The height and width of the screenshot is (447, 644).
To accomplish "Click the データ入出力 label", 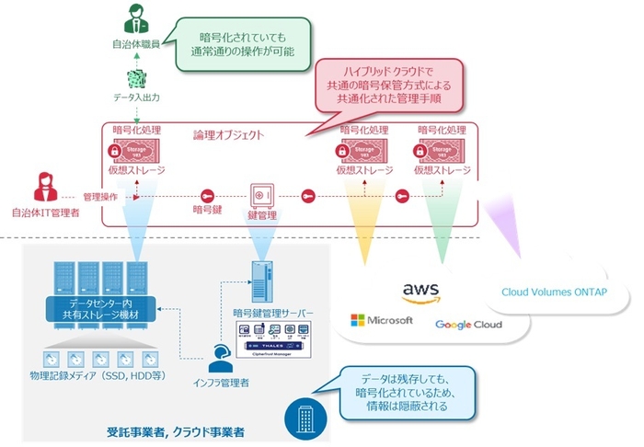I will point(135,95).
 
